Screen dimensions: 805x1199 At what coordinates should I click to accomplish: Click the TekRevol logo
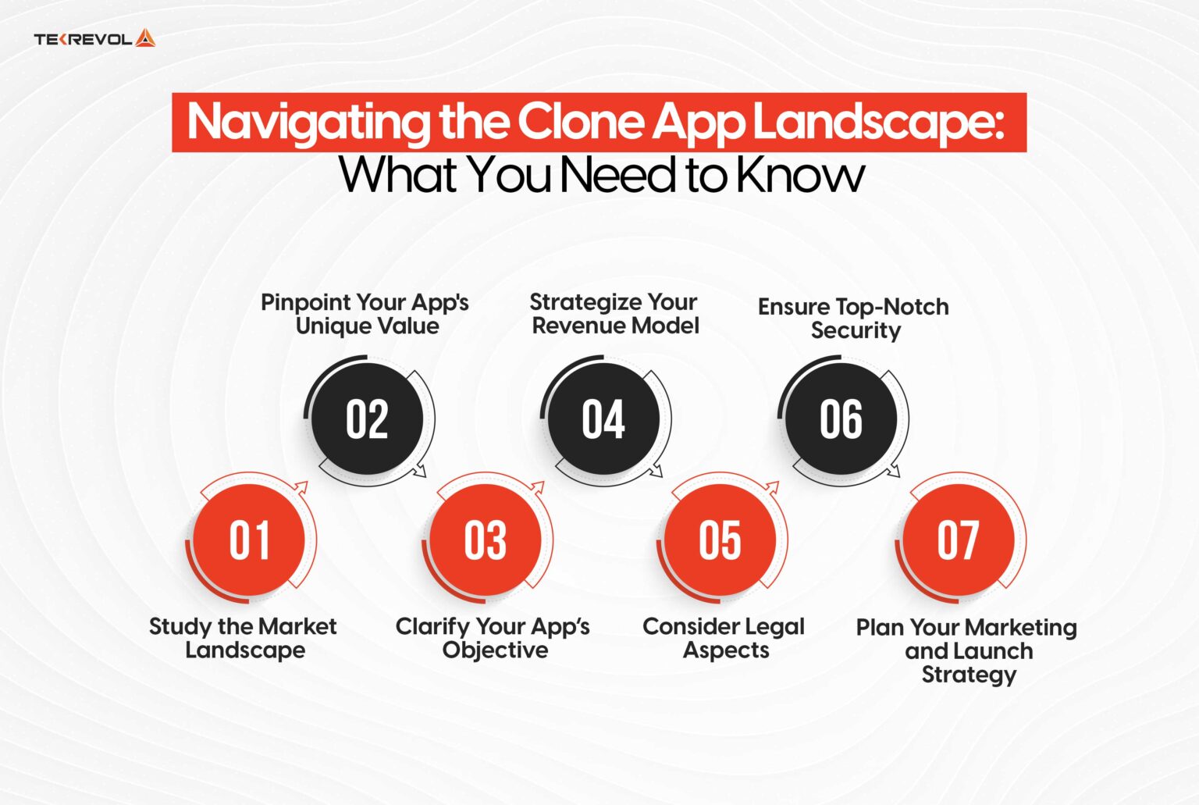(94, 38)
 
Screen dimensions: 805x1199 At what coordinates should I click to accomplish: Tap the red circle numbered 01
(249, 540)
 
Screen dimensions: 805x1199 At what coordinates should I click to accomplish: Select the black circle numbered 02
(367, 419)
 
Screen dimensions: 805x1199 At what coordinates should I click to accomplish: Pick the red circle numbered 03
(486, 540)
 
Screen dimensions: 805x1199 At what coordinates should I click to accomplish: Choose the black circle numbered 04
(603, 419)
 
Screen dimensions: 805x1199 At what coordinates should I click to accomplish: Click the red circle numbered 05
(720, 540)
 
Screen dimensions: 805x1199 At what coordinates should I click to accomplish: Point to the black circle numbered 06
(841, 419)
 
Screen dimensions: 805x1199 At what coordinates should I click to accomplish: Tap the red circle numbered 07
(958, 540)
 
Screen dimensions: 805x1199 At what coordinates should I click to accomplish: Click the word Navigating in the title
(308, 123)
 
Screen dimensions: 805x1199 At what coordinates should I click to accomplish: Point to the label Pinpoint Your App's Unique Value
(365, 314)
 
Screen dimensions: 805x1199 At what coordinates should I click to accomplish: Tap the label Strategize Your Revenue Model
(614, 314)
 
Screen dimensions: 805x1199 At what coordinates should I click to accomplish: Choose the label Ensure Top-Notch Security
(854, 319)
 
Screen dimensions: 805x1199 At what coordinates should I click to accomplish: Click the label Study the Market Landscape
(244, 638)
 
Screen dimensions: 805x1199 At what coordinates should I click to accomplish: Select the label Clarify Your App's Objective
(493, 638)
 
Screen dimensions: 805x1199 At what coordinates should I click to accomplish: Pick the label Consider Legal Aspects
(724, 638)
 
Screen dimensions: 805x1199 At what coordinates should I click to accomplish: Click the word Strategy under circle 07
(969, 675)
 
